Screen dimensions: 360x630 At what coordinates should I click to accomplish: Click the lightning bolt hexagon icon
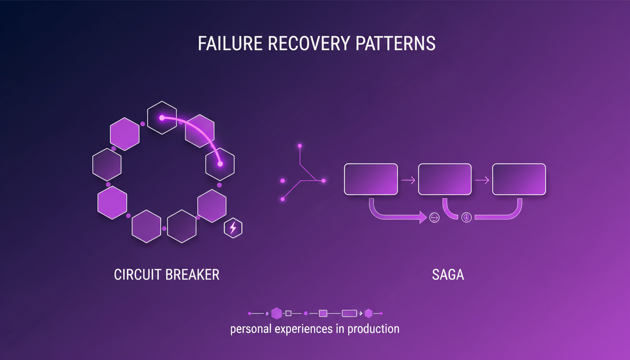[233, 228]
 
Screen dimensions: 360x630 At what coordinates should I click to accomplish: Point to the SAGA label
[448, 274]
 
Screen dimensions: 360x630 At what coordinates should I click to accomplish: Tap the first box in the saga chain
[371, 179]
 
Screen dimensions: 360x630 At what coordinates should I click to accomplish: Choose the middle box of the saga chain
[444, 179]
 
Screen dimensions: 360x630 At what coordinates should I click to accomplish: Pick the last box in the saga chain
[518, 179]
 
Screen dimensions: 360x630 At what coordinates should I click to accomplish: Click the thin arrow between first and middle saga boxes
[408, 180]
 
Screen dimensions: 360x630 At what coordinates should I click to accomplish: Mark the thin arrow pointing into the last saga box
[482, 180]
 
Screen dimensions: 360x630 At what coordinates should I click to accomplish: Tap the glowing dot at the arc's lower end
[220, 164]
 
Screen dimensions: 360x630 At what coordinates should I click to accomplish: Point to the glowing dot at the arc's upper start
[162, 118]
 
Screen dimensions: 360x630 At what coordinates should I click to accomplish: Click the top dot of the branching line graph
[300, 146]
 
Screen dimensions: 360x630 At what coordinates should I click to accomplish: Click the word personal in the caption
[251, 329]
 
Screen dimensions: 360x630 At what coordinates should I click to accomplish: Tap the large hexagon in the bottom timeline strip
[277, 313]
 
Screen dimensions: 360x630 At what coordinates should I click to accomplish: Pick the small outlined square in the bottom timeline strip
[288, 313]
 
